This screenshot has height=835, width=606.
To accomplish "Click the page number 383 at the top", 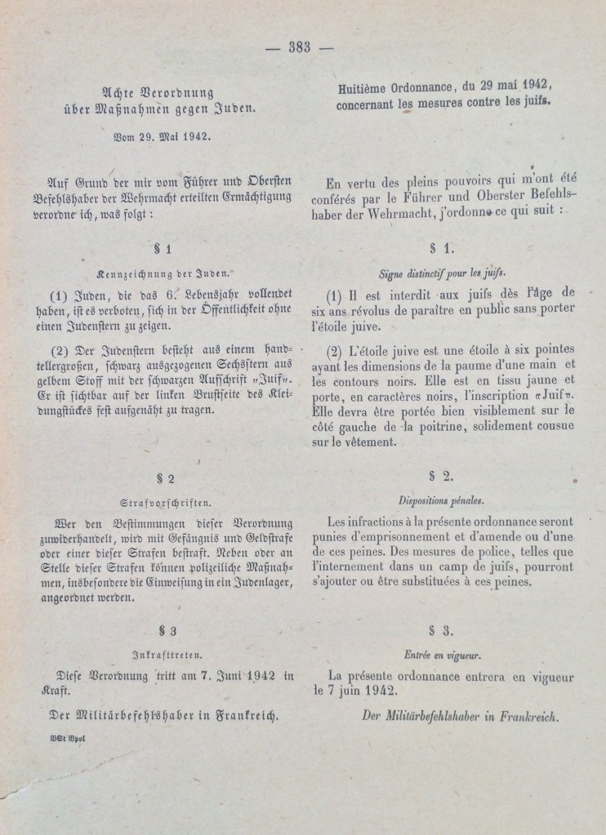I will [x=300, y=47].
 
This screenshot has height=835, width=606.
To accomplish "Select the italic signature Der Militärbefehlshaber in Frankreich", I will [x=460, y=717].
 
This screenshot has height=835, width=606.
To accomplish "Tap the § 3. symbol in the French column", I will [x=441, y=630].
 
